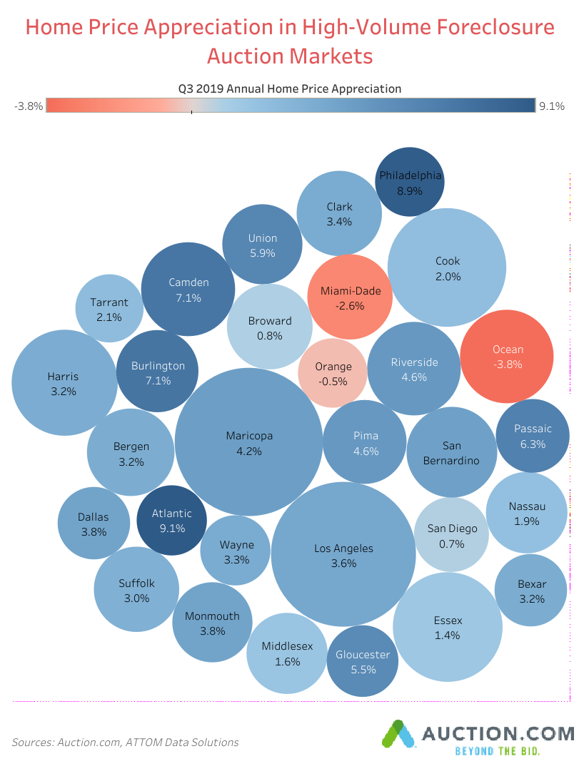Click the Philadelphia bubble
[410, 183]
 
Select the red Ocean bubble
[507, 357]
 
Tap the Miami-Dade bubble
[351, 297]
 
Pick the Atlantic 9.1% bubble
[171, 521]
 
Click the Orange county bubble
[333, 374]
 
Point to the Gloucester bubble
[363, 662]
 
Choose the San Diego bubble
[451, 536]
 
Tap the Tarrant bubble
[109, 309]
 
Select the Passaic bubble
[533, 436]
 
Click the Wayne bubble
[236, 552]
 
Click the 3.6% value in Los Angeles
[343, 563]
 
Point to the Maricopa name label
[249, 436]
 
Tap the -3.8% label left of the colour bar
[29, 106]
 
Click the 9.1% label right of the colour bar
[552, 106]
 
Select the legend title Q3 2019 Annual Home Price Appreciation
[290, 88]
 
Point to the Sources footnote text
[125, 742]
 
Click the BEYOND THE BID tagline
[497, 751]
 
